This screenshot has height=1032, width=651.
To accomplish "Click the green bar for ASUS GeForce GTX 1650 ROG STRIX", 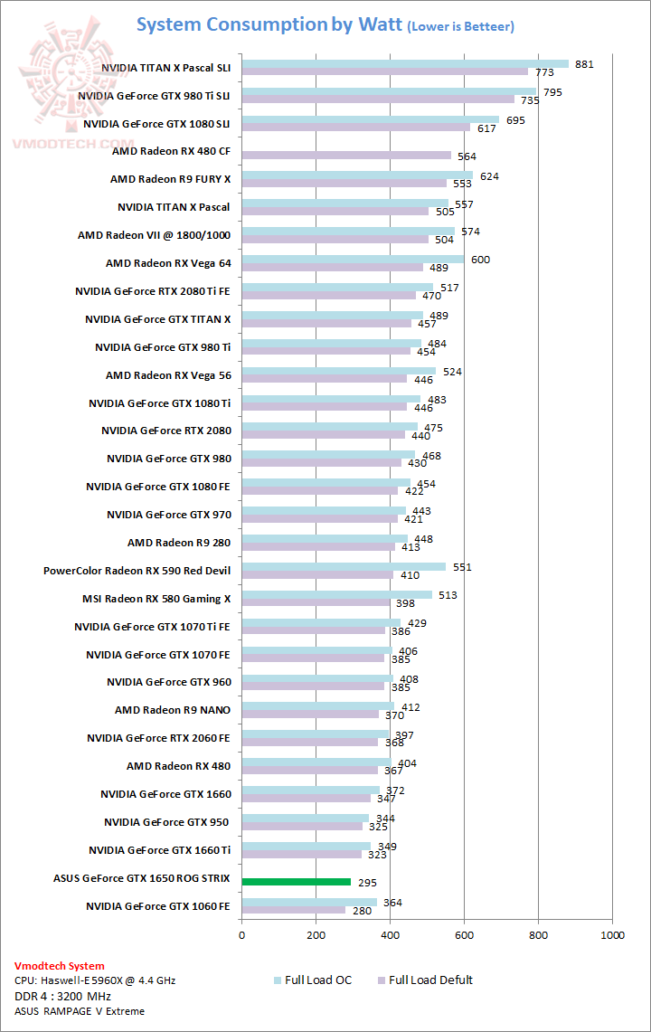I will click(x=296, y=882).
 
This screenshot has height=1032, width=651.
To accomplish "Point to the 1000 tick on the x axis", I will click(x=612, y=935).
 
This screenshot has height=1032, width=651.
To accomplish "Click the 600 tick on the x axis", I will click(x=464, y=935).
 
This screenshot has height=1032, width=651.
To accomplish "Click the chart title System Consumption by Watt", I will click(x=269, y=24).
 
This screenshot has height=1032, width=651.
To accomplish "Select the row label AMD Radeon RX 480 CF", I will click(x=172, y=152).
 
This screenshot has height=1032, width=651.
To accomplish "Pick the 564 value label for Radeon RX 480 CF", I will click(x=467, y=156).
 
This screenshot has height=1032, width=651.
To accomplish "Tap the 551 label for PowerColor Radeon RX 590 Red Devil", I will click(x=463, y=567).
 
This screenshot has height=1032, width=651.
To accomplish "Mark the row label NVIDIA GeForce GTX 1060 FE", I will click(x=158, y=905).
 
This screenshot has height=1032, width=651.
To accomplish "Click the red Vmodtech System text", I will click(x=60, y=966).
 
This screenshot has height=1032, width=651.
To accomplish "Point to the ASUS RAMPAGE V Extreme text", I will click(x=80, y=1011).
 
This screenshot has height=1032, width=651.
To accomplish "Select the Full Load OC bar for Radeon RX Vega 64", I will click(x=353, y=260).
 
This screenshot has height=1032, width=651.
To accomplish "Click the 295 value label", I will click(x=369, y=883).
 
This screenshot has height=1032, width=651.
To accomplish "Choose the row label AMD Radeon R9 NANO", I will click(x=173, y=710).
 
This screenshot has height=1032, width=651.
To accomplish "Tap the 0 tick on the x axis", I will click(x=241, y=935).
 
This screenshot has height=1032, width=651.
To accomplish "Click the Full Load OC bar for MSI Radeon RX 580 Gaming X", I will click(x=336, y=595).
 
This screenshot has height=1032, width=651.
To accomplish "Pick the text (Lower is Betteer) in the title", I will click(x=461, y=27).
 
